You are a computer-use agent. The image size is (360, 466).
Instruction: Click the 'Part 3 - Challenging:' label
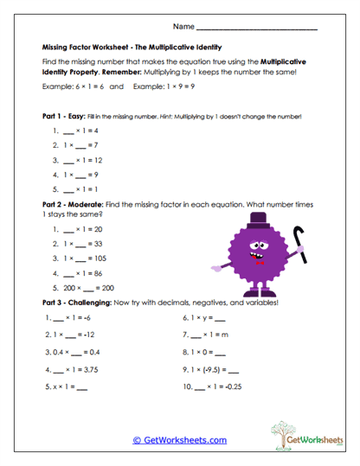point(83,303)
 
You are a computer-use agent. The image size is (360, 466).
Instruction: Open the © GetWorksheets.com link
point(179,440)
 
